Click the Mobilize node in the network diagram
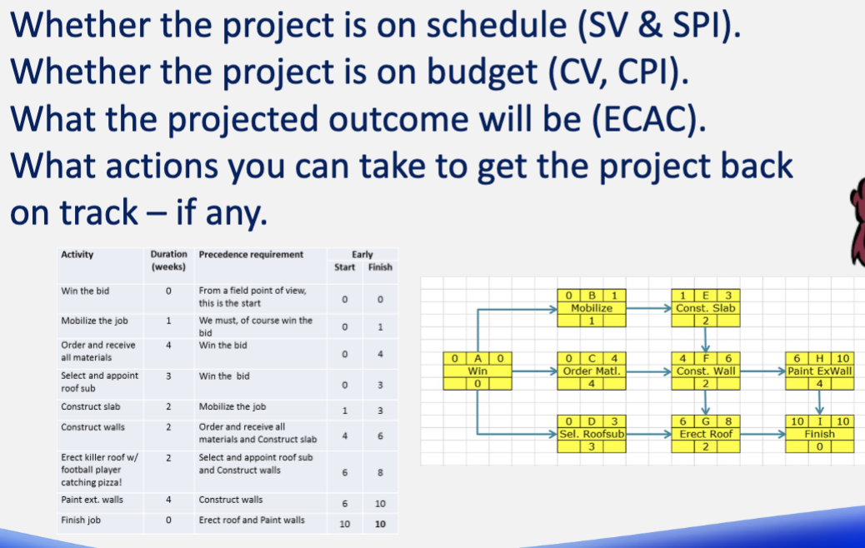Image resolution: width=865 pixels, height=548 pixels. [591, 307]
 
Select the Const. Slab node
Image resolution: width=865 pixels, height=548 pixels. [704, 307]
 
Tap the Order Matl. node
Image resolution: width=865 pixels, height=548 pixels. [591, 371]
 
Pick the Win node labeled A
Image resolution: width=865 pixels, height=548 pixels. [477, 371]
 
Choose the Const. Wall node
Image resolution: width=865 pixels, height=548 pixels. [704, 371]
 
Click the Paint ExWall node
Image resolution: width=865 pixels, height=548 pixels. [820, 371]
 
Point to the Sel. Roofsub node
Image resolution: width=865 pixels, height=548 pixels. [591, 434]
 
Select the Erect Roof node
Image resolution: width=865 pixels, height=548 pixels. [704, 434]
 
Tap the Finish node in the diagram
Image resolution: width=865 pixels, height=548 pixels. [820, 434]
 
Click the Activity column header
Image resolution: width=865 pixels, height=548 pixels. [77, 255]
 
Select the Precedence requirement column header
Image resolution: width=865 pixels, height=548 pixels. [251, 255]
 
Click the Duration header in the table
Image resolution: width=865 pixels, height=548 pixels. [168, 260]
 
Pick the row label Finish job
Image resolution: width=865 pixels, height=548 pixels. [82, 521]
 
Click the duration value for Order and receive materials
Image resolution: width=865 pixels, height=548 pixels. [168, 345]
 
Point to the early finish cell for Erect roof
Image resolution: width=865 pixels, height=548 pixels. [379, 471]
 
